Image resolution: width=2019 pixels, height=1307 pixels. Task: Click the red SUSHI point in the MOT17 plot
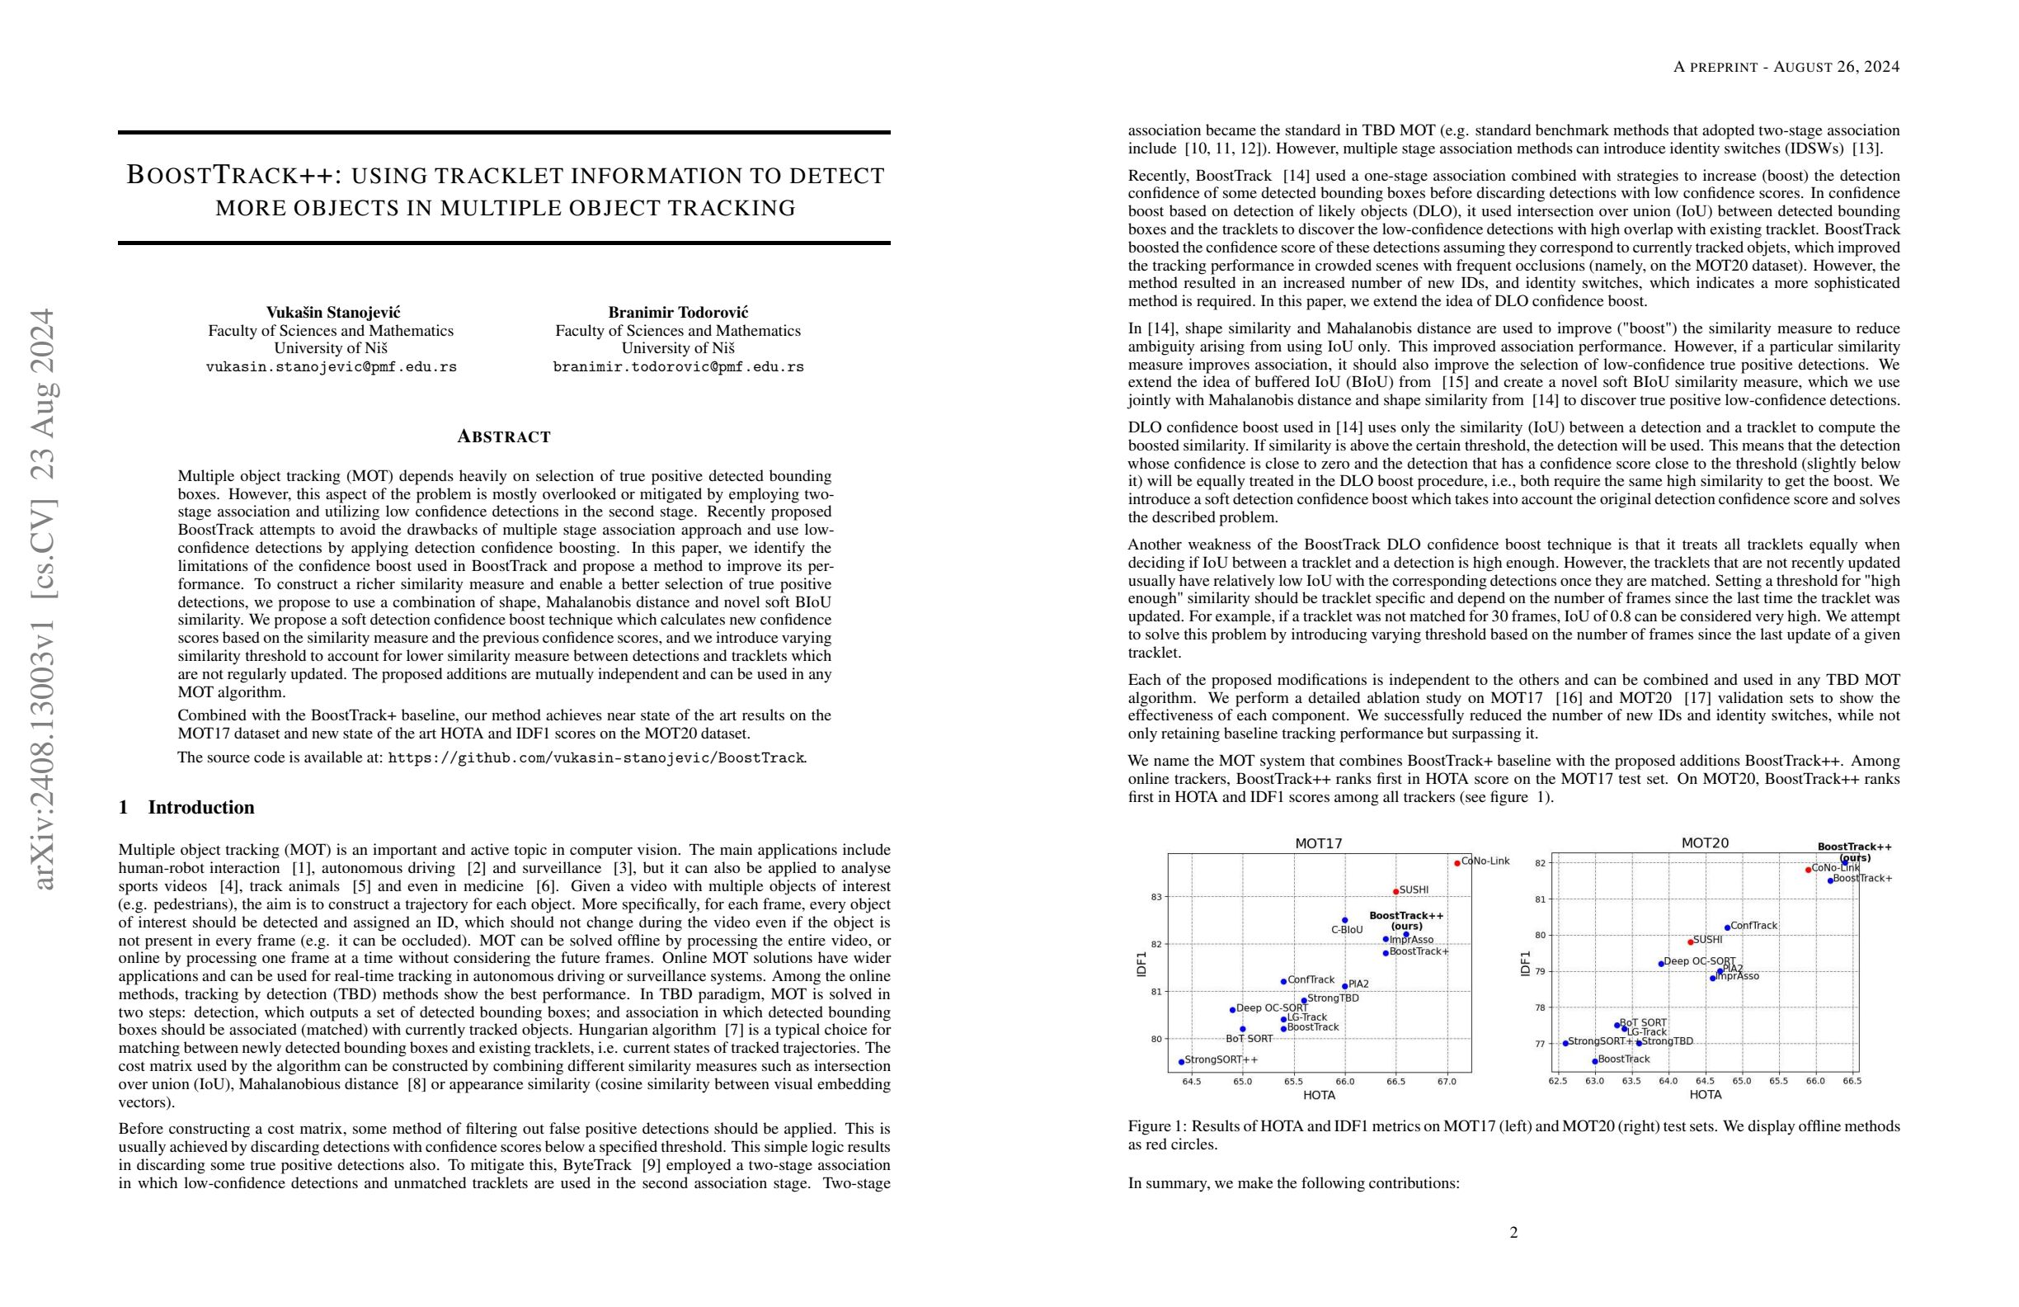coord(1395,891)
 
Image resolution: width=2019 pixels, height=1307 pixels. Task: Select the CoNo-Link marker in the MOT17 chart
coord(1457,863)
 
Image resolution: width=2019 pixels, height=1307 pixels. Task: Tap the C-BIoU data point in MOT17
coord(1344,920)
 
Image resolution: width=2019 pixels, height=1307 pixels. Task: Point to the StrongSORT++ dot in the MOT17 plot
coord(1182,1062)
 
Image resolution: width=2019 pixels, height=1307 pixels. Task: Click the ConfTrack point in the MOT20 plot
coord(1727,927)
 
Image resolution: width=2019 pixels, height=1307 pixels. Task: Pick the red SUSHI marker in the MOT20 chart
coord(1691,942)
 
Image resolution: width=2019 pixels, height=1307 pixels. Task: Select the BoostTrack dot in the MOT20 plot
coord(1595,1061)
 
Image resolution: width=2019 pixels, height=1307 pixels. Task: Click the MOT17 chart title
coord(1318,843)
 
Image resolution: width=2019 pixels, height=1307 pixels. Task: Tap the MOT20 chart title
coord(1705,843)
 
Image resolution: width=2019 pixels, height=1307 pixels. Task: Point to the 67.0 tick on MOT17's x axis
coord(1447,1081)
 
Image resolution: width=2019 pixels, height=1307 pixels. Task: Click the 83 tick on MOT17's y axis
coord(1156,897)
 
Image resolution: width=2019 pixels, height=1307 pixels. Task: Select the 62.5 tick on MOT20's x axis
coord(1557,1081)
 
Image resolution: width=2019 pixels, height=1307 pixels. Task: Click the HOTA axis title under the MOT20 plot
coord(1705,1095)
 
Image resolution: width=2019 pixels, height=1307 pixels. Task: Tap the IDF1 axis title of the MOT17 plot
coord(1141,964)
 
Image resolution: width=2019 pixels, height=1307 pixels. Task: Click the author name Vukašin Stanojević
coord(333,313)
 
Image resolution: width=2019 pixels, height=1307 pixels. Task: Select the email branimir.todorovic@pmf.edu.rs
coord(679,367)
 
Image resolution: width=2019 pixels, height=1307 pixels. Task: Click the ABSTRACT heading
coord(504,437)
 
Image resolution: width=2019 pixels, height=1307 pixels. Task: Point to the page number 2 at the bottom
coord(1513,1232)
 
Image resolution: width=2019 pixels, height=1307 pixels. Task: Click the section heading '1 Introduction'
coord(186,807)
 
